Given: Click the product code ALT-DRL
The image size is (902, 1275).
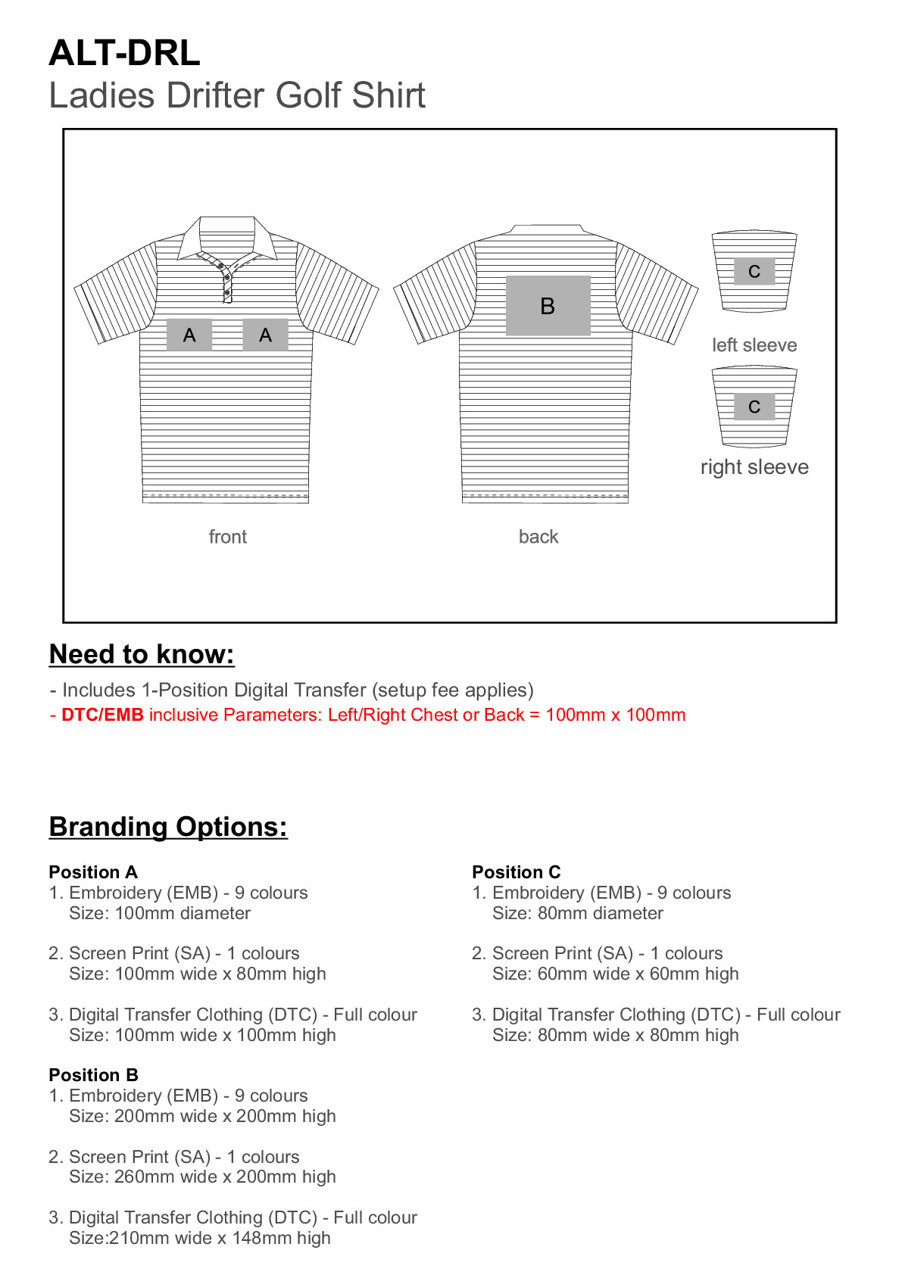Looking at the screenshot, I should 124,53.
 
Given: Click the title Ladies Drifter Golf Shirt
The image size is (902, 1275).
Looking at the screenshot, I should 236,96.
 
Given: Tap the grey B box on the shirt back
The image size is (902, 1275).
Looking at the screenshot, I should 548,306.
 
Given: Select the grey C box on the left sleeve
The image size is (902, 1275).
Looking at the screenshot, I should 754,272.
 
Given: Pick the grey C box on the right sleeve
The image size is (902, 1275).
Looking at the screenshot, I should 754,407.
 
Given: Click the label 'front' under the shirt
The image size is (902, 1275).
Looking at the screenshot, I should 227,537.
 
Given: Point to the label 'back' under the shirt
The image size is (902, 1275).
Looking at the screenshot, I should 538,537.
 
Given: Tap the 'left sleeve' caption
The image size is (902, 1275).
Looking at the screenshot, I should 754,345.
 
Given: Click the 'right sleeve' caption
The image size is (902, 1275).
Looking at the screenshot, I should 754,467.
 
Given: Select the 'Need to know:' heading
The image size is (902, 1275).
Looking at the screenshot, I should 142,654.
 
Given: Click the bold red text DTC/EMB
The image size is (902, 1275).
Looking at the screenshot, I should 102,715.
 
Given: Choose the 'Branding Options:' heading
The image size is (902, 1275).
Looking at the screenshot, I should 168,827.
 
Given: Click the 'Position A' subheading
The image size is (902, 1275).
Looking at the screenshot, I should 93,872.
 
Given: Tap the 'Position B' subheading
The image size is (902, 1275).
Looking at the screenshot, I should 93,1075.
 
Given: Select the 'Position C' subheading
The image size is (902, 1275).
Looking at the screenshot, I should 517,872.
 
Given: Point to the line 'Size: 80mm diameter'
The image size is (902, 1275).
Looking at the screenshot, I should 577,913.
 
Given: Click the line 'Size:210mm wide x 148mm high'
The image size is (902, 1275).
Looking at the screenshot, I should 200,1238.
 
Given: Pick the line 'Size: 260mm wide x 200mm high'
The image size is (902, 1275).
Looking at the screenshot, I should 202,1177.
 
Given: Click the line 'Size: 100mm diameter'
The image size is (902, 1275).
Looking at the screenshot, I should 159,913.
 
